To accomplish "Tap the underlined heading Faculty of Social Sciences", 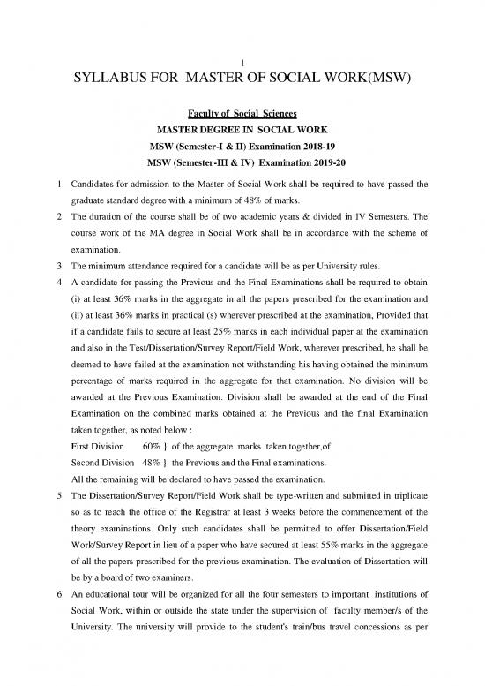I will tap(242, 113).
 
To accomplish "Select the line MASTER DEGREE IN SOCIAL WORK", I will tap(242, 129).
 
